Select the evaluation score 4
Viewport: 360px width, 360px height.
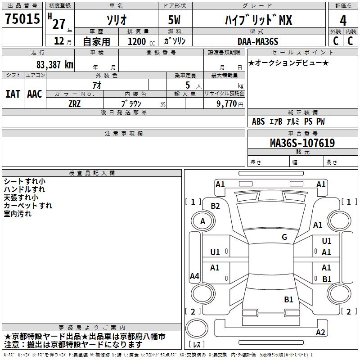(343, 21)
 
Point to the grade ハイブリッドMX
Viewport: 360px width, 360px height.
(258, 20)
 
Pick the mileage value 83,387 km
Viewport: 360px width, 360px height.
(54, 64)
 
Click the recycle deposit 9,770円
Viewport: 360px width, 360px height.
(228, 103)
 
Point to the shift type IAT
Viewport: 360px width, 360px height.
(13, 94)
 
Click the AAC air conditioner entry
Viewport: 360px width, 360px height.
(35, 94)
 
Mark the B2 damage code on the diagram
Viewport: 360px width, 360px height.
(216, 206)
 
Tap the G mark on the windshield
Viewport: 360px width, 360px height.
(284, 237)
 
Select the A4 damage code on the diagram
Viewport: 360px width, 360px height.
(194, 276)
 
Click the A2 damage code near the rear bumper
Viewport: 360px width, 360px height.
(320, 333)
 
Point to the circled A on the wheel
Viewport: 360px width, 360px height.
(202, 221)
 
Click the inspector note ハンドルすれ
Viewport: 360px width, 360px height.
(24, 189)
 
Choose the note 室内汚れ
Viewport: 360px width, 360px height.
(18, 214)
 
